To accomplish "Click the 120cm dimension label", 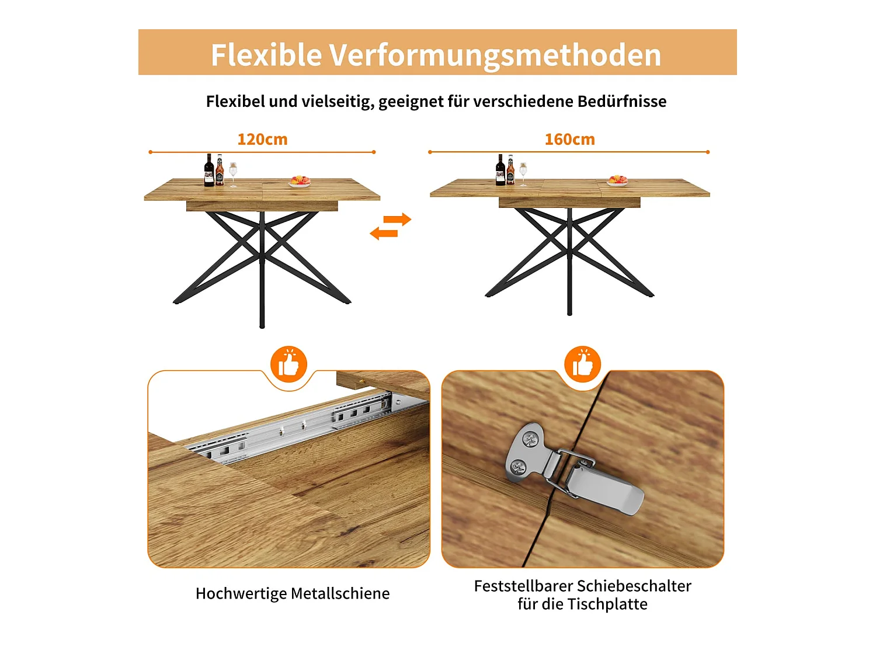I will [x=262, y=140].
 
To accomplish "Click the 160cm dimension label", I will [x=569, y=140].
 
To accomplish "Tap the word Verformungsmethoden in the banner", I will [x=495, y=55].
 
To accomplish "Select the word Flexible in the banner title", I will [x=266, y=55].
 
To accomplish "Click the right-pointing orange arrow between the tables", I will [x=398, y=220].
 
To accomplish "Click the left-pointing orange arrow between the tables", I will [x=384, y=234].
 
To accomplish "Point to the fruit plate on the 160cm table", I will [x=617, y=180].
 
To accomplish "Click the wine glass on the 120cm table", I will [x=234, y=173].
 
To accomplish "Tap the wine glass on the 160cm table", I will [x=523, y=173].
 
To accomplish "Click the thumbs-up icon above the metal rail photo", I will [x=288, y=365].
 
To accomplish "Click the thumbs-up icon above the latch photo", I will [x=582, y=365].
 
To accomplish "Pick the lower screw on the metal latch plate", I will [x=518, y=467].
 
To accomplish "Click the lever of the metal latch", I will [x=604, y=491].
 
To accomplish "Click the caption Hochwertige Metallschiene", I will [x=293, y=593].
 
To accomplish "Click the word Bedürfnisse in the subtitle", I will [x=621, y=102].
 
